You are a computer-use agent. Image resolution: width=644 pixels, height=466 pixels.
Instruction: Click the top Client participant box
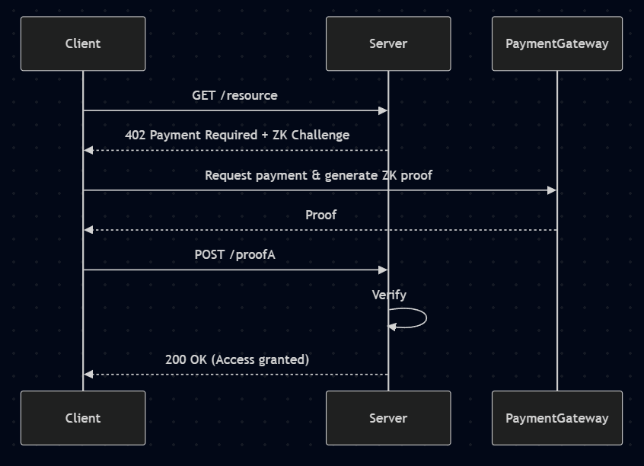(x=83, y=43)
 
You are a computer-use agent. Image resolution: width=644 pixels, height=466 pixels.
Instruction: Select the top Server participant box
(x=388, y=43)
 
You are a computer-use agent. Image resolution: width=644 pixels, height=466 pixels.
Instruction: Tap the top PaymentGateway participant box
(x=557, y=43)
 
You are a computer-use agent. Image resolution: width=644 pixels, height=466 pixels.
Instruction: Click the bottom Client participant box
(x=83, y=418)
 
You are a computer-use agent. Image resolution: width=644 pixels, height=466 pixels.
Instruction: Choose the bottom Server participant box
(x=388, y=418)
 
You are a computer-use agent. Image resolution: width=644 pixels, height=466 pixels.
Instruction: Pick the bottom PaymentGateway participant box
(x=557, y=418)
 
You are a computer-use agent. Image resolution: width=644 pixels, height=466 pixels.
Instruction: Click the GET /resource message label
(x=234, y=95)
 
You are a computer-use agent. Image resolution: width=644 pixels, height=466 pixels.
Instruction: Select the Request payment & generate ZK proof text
(x=318, y=175)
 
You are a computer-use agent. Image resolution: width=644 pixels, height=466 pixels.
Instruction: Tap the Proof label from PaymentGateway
(x=320, y=215)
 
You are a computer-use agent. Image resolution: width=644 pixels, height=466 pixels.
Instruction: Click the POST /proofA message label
(x=234, y=254)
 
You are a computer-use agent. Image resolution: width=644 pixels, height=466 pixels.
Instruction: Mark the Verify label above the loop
(x=389, y=295)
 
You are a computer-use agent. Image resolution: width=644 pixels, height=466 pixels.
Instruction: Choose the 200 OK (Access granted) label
(x=237, y=359)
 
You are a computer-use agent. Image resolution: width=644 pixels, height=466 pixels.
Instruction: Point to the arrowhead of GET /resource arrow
(x=384, y=110)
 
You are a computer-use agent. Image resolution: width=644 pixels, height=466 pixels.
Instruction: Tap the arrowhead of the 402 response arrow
(x=88, y=150)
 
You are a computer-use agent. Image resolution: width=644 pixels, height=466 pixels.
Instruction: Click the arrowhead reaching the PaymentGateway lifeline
(x=552, y=190)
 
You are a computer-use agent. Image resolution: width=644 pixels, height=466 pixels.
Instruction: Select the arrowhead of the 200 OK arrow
(x=88, y=375)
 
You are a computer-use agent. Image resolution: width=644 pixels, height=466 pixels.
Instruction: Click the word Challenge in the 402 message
(x=320, y=135)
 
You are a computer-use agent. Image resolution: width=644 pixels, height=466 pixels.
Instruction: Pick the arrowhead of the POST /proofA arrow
(x=384, y=270)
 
